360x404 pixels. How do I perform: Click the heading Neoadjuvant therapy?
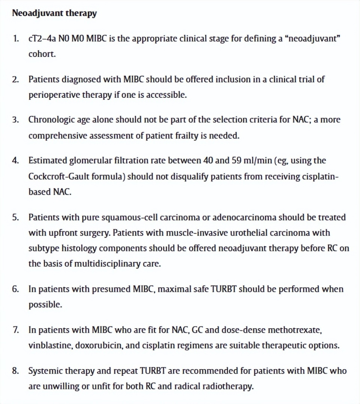click(54, 13)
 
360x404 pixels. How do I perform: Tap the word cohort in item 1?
click(42, 54)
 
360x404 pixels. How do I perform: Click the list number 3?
click(15, 120)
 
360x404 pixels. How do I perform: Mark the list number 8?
click(15, 371)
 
